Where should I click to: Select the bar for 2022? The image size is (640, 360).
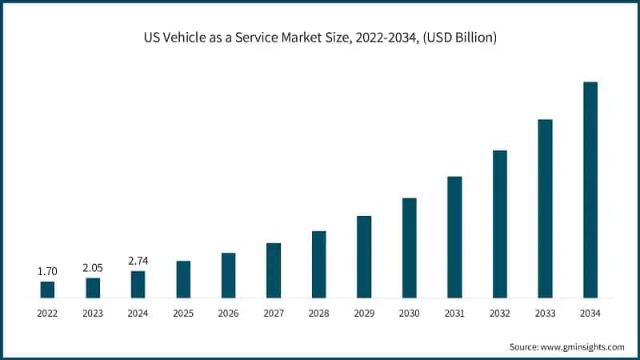pos(47,290)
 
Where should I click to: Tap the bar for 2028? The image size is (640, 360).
pos(318,264)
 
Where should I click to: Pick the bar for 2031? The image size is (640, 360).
pos(454,237)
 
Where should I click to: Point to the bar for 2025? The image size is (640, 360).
pos(183,279)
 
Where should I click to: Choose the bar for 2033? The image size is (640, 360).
pos(545,209)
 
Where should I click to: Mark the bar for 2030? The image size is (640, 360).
pos(409,248)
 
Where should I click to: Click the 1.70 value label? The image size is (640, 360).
pos(47,272)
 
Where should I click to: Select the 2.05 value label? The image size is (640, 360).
pos(93,268)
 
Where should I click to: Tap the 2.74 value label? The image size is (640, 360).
pos(138,261)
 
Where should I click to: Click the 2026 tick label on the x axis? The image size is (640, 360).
pos(228,314)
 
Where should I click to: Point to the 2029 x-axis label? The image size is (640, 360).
pos(364,314)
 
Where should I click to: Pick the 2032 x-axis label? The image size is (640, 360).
pos(499,314)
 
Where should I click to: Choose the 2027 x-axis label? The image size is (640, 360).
pos(274,314)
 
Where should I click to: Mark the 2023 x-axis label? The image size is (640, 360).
pos(93,314)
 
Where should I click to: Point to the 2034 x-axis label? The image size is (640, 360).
pos(590,314)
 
